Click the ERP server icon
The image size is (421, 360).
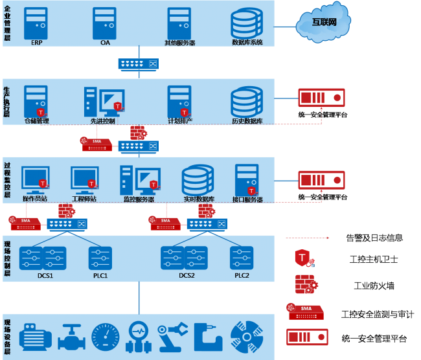[36, 23]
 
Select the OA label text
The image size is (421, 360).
[105, 42]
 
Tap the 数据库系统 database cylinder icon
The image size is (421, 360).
[247, 24]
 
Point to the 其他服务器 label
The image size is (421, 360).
[179, 43]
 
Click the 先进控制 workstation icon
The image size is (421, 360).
[104, 102]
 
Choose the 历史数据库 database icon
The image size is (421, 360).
[247, 102]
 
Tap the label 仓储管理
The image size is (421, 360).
[36, 121]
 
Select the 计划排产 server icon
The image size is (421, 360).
[179, 101]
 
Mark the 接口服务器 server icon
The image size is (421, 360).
[247, 179]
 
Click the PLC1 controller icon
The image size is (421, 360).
[100, 258]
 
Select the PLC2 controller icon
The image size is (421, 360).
[242, 258]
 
